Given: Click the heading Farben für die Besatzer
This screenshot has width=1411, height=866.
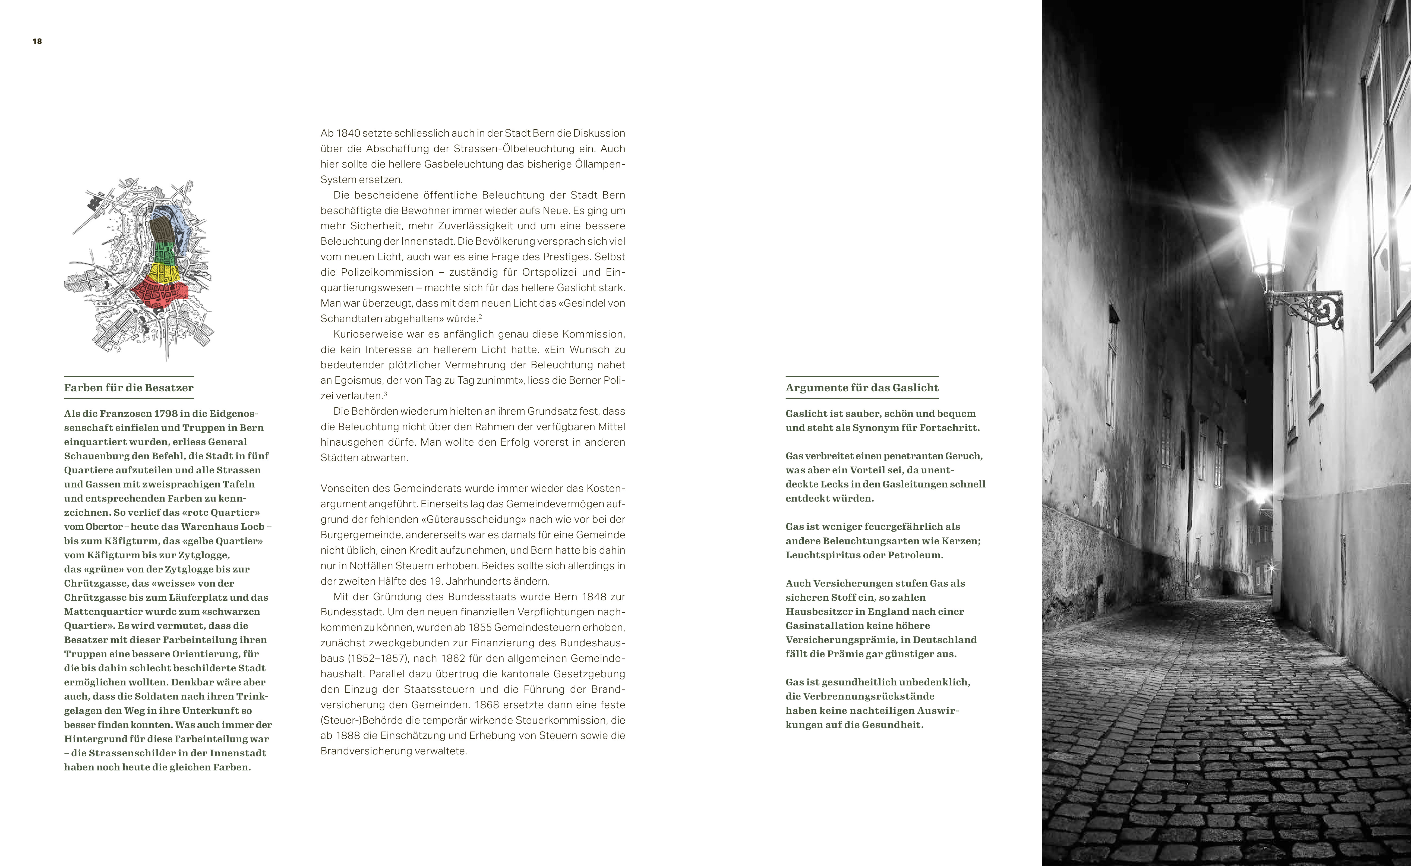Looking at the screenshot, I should [x=129, y=388].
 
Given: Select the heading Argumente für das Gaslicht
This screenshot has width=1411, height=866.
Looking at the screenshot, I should [x=862, y=388].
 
